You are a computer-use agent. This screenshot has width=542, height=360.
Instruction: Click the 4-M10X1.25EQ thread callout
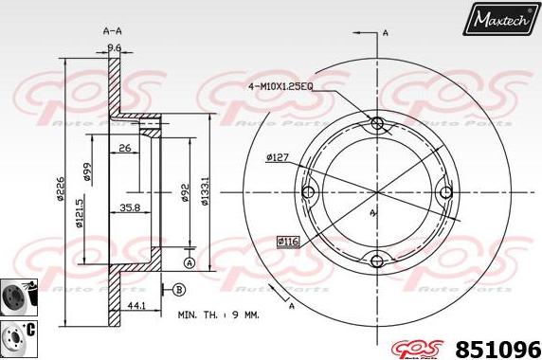(x=280, y=86)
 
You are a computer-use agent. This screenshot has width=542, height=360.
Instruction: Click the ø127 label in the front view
(x=278, y=157)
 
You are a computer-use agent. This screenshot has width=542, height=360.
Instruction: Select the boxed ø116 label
(x=289, y=242)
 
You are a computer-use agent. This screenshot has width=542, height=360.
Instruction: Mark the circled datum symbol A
(x=190, y=261)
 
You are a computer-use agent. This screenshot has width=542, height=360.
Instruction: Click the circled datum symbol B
(x=178, y=289)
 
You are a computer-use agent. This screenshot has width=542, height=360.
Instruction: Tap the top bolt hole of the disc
(x=377, y=123)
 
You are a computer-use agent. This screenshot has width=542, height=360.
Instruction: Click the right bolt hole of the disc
(x=447, y=192)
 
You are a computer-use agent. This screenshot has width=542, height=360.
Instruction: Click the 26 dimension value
(x=125, y=147)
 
